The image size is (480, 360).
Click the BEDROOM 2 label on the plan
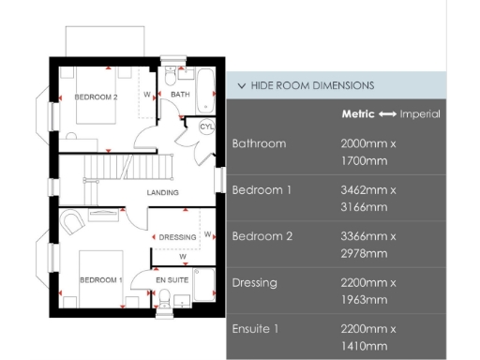point(96,97)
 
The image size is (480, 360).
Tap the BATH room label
point(180,94)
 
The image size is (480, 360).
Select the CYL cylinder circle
point(206,127)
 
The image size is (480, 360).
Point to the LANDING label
point(163,192)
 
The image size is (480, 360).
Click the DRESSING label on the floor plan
point(177,237)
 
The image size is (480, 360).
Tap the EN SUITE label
point(172,280)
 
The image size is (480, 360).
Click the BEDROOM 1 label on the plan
point(100,279)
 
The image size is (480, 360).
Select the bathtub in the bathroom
point(205,91)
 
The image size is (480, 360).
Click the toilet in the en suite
point(164,298)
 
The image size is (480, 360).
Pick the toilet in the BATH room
point(171,76)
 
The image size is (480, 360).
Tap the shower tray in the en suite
point(204,285)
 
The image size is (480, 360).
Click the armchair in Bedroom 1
point(72,221)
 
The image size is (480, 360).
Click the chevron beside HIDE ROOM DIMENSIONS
point(242,85)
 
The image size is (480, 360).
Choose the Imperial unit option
point(420,114)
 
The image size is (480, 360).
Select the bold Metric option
point(358,114)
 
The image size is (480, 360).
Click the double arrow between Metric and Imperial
point(387,114)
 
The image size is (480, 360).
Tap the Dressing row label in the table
point(255,283)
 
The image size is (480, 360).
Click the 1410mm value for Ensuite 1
point(364,346)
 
